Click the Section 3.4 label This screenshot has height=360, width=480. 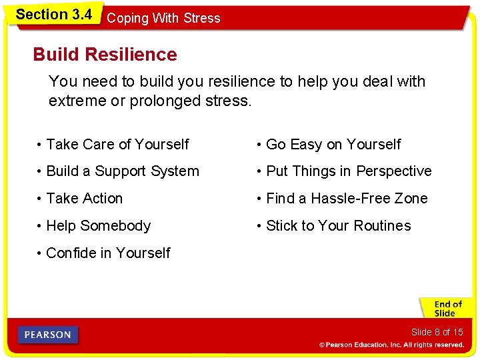53,14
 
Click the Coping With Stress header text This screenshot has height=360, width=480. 163,19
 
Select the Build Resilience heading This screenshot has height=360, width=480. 105,55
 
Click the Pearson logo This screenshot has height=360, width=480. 48,335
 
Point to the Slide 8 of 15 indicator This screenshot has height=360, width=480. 437,332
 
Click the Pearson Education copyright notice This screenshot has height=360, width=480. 391,345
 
